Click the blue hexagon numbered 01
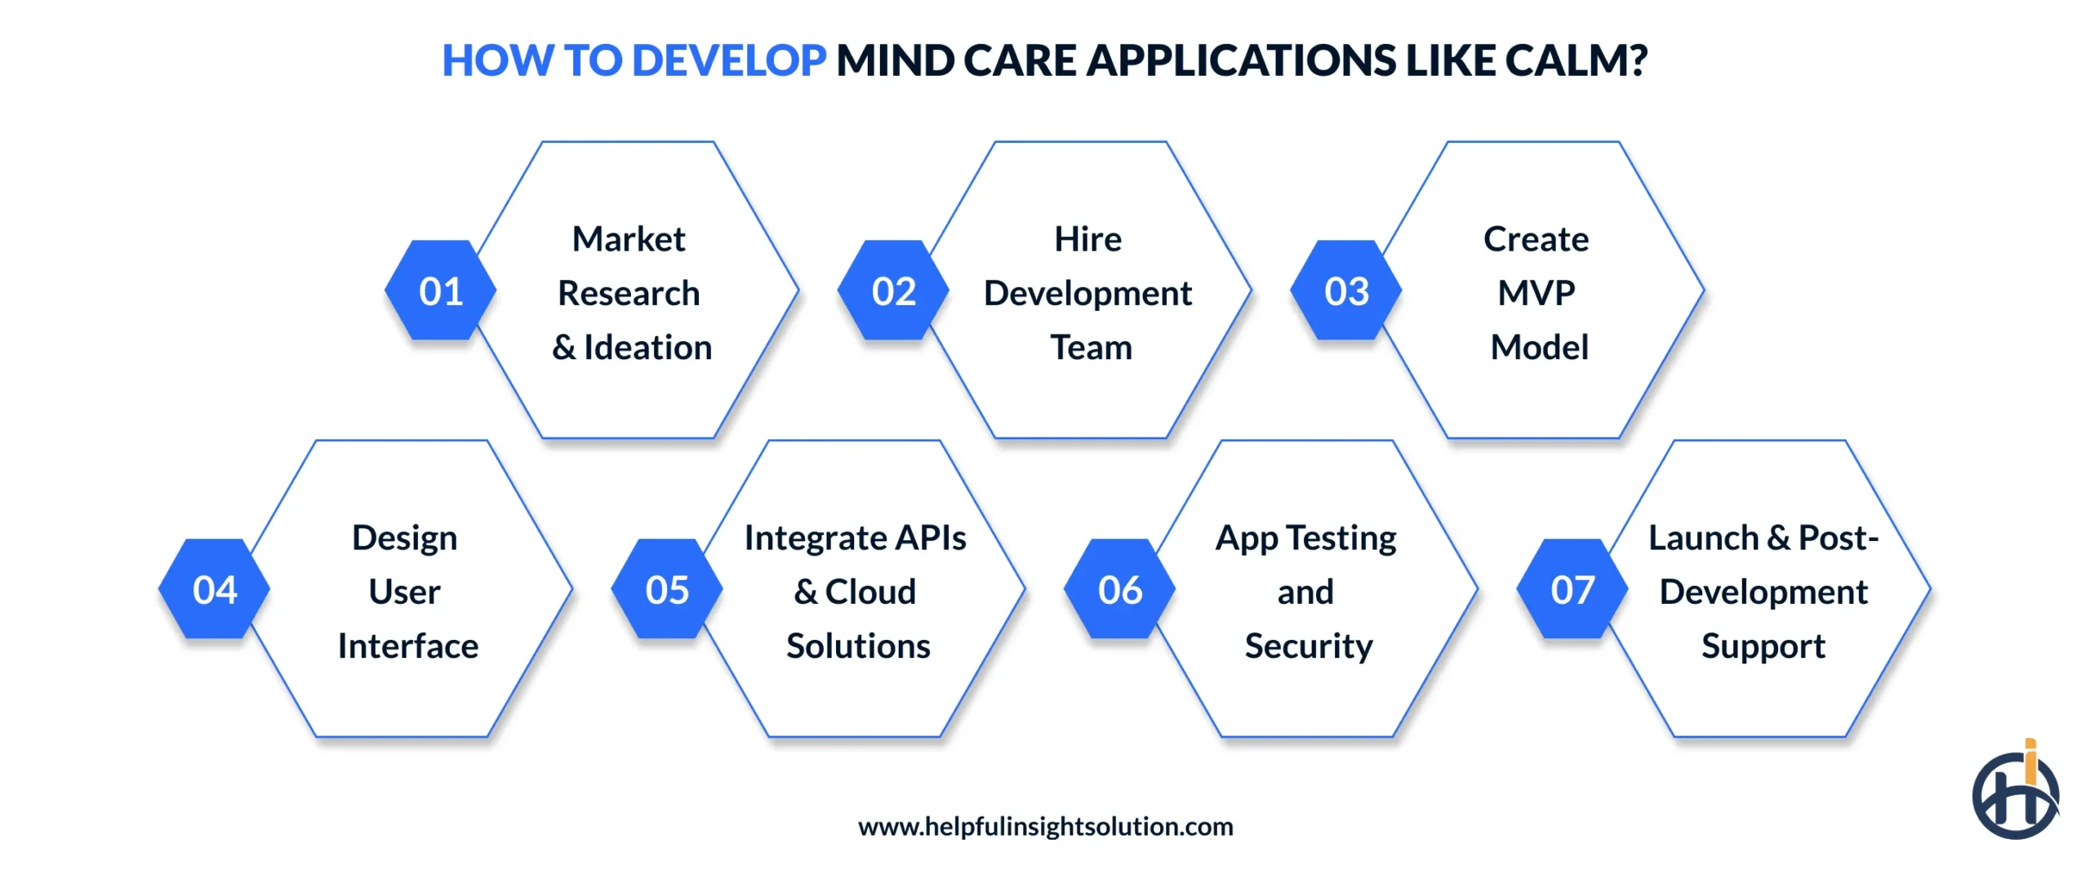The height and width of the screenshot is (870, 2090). pos(441,291)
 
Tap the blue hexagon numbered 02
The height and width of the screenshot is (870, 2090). pos(893,291)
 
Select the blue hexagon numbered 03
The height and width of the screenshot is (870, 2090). pos(1346,291)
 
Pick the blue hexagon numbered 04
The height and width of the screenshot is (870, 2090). pos(215,589)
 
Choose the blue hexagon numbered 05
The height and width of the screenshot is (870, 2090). pos(667,589)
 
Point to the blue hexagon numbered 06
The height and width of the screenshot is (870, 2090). pos(1120,589)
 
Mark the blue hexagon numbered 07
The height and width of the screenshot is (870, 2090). pos(1572,589)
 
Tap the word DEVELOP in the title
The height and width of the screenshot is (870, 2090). pos(729,60)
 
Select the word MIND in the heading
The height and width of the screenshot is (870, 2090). pos(895,60)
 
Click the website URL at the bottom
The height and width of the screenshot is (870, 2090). pos(1045,827)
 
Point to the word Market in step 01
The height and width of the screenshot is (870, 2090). pos(629,239)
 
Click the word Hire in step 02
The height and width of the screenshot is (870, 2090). pos(1087,239)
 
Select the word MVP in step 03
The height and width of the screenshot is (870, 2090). pos(1536,293)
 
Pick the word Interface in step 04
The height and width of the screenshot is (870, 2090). pos(408,646)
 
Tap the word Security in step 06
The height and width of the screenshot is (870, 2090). pos(1309,646)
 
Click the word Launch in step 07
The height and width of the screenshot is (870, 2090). pos(1703,538)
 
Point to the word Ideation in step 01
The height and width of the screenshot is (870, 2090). pos(648,348)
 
